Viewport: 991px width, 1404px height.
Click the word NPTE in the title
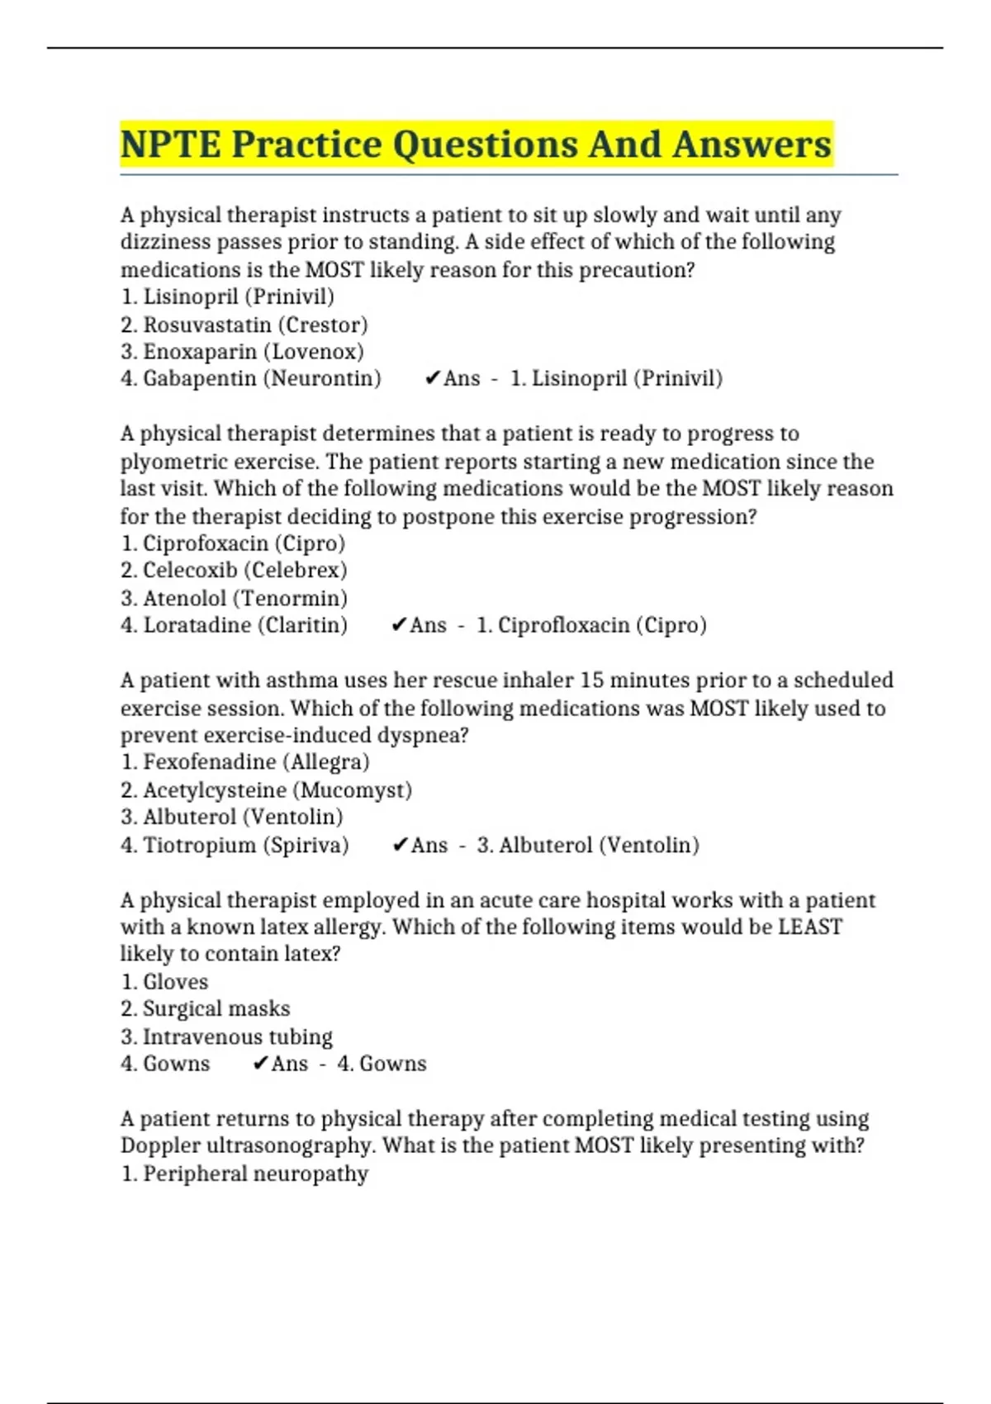[x=170, y=145]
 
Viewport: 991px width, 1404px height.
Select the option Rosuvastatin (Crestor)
[x=244, y=325]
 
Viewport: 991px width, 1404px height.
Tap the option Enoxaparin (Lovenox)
[x=242, y=352]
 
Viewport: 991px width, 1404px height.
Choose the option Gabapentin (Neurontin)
[x=251, y=379]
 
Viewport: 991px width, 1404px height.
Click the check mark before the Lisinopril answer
[x=432, y=378]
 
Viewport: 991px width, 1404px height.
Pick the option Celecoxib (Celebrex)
[x=234, y=571]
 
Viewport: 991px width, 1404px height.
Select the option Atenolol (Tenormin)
[x=234, y=598]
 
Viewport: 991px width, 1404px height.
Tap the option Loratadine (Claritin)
[x=234, y=625]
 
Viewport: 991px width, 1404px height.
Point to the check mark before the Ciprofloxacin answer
[x=399, y=625]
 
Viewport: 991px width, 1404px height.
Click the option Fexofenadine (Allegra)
[x=245, y=762]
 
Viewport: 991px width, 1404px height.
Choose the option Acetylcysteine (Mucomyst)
[x=266, y=790]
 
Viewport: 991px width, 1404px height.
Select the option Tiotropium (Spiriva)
[x=235, y=845]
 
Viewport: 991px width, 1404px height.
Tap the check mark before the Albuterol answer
[x=400, y=845]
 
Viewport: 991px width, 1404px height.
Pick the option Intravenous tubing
[x=226, y=1036]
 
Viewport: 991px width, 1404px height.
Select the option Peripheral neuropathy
[x=244, y=1174]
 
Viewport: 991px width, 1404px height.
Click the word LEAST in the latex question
[x=810, y=927]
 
